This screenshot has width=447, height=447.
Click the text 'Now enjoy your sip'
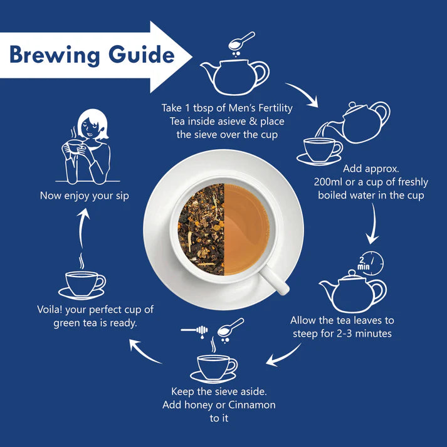(84, 195)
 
